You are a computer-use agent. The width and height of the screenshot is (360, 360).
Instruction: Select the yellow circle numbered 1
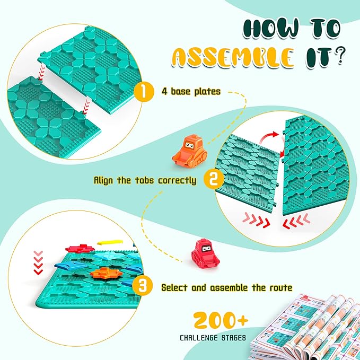coord(143,91)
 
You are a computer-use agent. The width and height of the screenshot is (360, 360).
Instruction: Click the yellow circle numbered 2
coord(214,180)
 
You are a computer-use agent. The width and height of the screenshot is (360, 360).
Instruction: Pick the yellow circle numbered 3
coord(143,287)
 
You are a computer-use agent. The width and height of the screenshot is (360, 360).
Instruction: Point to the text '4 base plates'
coord(190,91)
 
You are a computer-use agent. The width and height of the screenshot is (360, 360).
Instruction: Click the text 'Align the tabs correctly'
coord(145,180)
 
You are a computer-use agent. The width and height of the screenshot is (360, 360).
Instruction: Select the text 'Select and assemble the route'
coord(227,288)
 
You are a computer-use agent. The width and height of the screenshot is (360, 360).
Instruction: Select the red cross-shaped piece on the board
coord(79,248)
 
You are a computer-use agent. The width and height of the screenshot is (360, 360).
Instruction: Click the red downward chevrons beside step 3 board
coord(38,261)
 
